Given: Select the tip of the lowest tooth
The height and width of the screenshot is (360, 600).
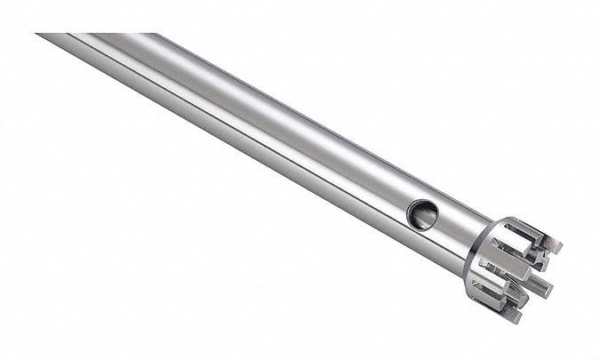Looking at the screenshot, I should coord(514,314).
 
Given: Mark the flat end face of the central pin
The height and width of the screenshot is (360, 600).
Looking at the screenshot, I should coord(548,287).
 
